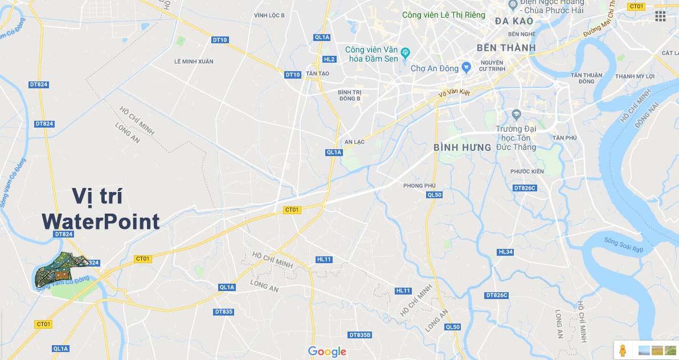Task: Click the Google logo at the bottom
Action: click(327, 351)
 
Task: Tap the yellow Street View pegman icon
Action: click(623, 349)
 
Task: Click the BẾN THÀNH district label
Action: click(506, 47)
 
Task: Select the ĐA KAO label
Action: click(514, 21)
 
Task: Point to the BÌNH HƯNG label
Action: click(462, 148)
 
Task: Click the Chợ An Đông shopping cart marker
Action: click(467, 68)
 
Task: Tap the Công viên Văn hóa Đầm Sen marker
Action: click(406, 54)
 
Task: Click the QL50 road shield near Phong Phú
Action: click(434, 195)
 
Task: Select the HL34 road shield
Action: click(505, 252)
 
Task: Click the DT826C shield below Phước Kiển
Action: click(525, 187)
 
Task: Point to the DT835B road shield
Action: click(360, 335)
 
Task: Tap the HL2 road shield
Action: click(329, 59)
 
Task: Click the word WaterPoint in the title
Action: click(100, 221)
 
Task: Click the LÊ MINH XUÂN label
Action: click(197, 61)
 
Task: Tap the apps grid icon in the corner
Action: click(660, 16)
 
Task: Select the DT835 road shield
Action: click(224, 312)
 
